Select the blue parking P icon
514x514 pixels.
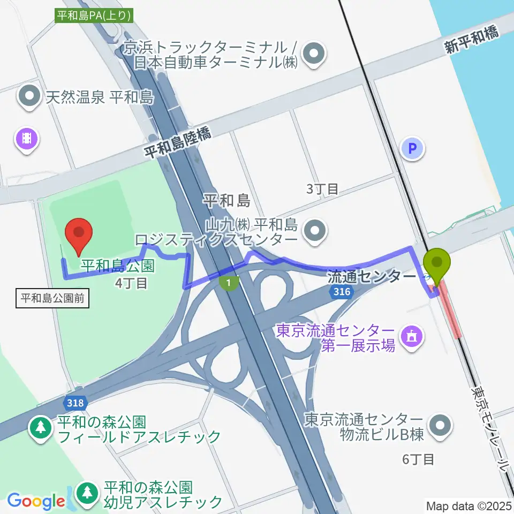click(413, 148)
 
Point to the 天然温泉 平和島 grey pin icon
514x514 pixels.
click(29, 97)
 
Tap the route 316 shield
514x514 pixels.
click(342, 291)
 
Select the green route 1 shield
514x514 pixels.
click(229, 282)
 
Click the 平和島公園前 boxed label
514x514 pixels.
click(52, 298)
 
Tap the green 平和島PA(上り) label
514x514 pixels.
click(94, 16)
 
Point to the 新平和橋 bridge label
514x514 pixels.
click(471, 41)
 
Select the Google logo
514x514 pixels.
click(36, 501)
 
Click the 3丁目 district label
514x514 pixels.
click(322, 188)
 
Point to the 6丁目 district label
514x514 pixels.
click(418, 459)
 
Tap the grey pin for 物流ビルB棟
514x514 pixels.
click(441, 426)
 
